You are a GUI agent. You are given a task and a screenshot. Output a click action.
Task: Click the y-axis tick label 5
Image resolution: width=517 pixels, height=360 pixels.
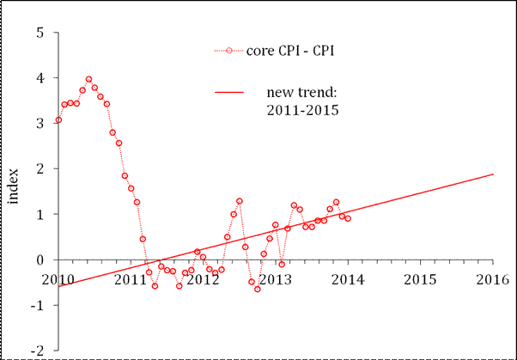pyautogui.click(x=40, y=34)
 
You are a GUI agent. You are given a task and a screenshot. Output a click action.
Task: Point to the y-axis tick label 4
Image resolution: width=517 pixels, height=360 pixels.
pyautogui.click(x=40, y=79)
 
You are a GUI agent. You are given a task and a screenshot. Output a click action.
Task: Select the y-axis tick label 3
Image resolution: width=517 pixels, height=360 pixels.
pyautogui.click(x=40, y=124)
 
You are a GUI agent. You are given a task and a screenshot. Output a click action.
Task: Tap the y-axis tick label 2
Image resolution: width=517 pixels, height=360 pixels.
pyautogui.click(x=40, y=169)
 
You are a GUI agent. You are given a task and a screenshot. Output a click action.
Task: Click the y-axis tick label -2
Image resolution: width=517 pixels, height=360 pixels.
pyautogui.click(x=38, y=350)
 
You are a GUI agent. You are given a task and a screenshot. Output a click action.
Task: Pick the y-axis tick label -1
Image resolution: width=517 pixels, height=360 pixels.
pyautogui.click(x=38, y=305)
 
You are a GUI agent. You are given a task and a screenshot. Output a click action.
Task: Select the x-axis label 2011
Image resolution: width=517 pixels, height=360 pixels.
pyautogui.click(x=131, y=279)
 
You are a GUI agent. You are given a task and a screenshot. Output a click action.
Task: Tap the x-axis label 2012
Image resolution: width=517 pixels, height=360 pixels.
pyautogui.click(x=203, y=279)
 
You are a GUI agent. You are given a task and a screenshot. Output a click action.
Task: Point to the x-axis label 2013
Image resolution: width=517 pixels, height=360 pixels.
pyautogui.click(x=275, y=279)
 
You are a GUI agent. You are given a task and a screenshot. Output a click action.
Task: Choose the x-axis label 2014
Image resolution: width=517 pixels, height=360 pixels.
pyautogui.click(x=347, y=279)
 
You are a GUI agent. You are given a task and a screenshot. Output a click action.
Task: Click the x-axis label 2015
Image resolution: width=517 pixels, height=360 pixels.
pyautogui.click(x=419, y=279)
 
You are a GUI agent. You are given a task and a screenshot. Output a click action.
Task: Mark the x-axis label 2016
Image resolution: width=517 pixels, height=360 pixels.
pyautogui.click(x=491, y=279)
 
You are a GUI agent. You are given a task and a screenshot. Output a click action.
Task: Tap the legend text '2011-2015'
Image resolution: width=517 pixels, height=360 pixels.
pyautogui.click(x=297, y=111)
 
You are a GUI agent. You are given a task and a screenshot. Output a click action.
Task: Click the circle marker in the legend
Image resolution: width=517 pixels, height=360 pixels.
pyautogui.click(x=228, y=51)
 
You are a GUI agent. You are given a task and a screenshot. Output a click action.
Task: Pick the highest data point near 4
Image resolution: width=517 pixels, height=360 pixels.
pyautogui.click(x=88, y=79)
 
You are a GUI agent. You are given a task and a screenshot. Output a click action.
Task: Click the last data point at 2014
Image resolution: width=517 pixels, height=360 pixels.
pyautogui.click(x=347, y=218)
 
